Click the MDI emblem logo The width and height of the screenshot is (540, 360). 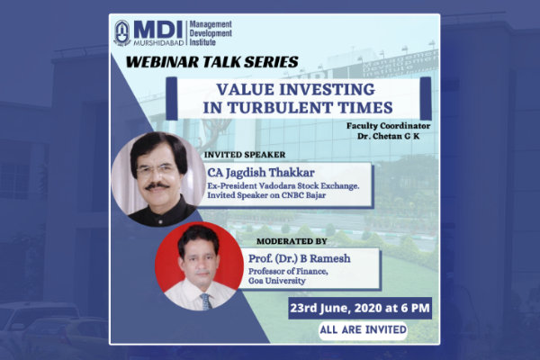[122, 33]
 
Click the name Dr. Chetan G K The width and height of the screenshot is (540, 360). [388, 136]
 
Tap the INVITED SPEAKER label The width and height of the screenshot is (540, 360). [245, 155]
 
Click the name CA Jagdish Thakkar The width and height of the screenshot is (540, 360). [261, 172]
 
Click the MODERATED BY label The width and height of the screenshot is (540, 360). [292, 241]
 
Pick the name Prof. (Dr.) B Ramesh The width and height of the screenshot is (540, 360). [300, 258]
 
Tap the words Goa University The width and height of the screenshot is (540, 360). [277, 281]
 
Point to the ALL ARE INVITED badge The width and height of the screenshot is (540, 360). [363, 329]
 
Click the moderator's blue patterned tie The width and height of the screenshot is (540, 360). [205, 301]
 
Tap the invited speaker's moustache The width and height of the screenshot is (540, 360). [157, 186]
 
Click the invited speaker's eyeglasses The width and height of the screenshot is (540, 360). [156, 170]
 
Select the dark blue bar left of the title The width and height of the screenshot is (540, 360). [172, 98]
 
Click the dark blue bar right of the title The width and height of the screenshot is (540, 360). [426, 98]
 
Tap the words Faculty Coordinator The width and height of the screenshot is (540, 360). [388, 126]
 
